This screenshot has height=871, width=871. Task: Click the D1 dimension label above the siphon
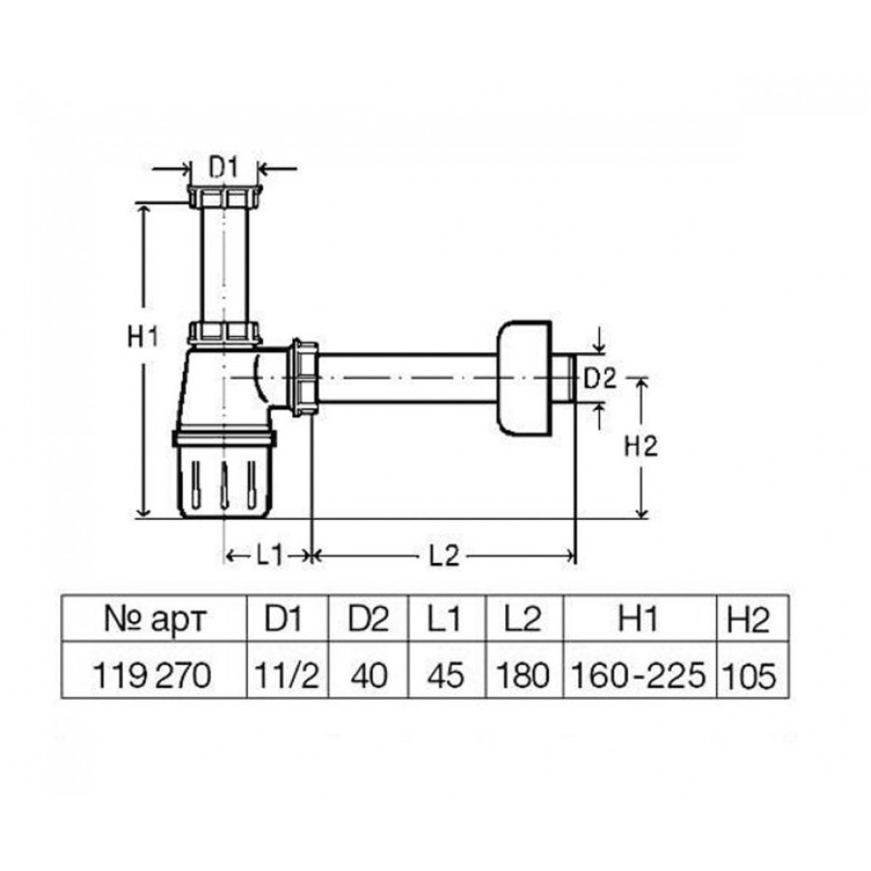pyautogui.click(x=224, y=167)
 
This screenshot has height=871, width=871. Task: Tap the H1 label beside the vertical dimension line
pyautogui.click(x=143, y=337)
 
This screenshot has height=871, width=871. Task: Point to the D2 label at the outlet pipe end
pyautogui.click(x=600, y=378)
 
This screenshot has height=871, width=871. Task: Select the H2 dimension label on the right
pyautogui.click(x=641, y=446)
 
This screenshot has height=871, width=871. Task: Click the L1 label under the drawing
pyautogui.click(x=270, y=555)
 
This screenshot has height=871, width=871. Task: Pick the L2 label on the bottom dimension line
pyautogui.click(x=444, y=555)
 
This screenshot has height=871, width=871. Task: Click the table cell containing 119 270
pyautogui.click(x=152, y=676)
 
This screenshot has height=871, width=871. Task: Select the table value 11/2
pyautogui.click(x=287, y=676)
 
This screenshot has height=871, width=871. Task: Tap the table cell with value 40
pyautogui.click(x=369, y=676)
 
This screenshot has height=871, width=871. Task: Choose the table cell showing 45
pyautogui.click(x=446, y=676)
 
